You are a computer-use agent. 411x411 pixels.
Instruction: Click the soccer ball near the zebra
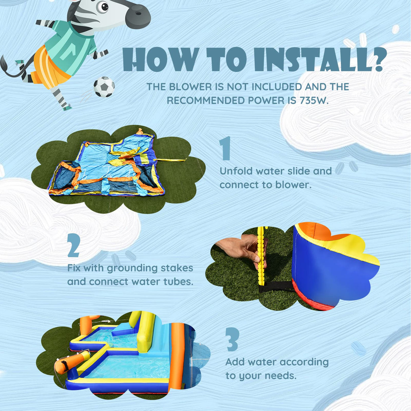point(104,87)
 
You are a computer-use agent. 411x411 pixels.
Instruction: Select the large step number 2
point(73,245)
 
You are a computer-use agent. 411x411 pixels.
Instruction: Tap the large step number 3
point(233,339)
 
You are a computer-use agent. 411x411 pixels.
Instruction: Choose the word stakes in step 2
point(177,268)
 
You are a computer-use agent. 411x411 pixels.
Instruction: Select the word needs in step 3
point(281,376)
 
